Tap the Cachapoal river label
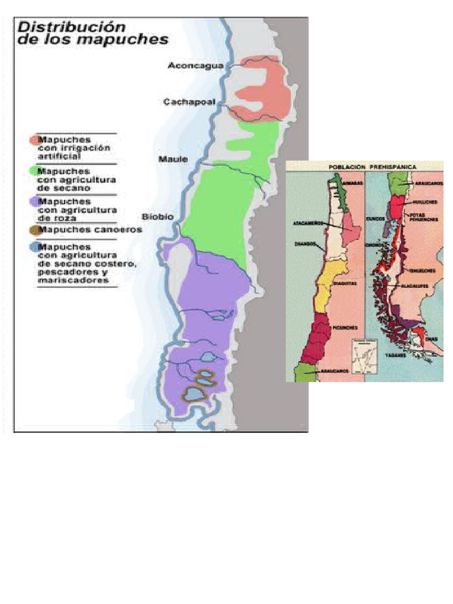coord(189,102)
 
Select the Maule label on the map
coord(173,159)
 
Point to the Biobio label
coord(157,216)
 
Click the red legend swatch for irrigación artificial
coord(33,140)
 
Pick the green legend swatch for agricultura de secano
coord(33,170)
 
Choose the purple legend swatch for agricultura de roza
coord(33,202)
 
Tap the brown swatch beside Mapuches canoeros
coord(33,229)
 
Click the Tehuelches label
coord(424,271)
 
